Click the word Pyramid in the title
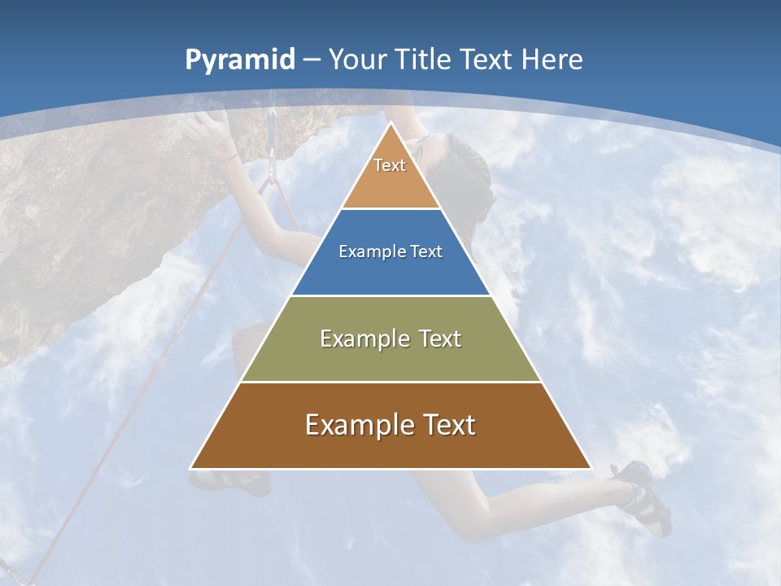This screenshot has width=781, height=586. click(x=239, y=60)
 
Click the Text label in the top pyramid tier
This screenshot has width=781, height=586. click(x=390, y=165)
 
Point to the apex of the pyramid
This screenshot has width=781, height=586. click(x=390, y=125)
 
